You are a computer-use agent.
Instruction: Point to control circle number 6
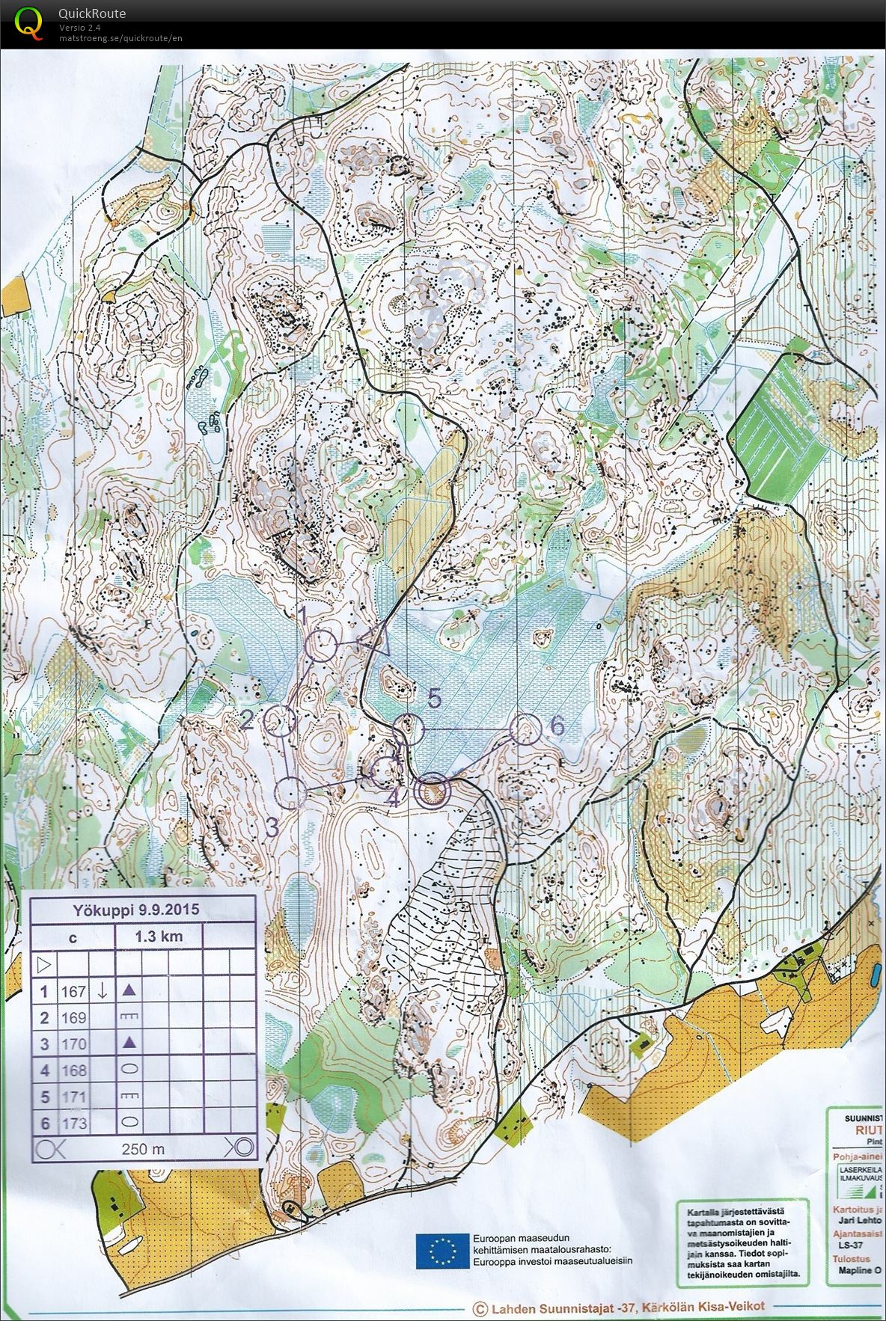(x=525, y=729)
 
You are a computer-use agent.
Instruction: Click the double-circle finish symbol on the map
(x=432, y=791)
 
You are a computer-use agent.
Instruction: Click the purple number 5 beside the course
(x=435, y=699)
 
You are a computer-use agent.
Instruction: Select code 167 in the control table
(x=74, y=991)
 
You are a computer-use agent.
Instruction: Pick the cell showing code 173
(x=74, y=1123)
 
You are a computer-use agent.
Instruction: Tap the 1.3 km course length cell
(x=159, y=937)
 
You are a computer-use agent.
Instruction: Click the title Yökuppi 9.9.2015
(x=135, y=910)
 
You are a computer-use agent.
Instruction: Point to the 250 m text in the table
(x=143, y=1149)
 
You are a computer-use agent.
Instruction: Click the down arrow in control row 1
(x=103, y=990)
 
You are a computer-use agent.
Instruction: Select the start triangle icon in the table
(x=43, y=963)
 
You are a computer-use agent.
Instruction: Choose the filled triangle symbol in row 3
(x=129, y=1043)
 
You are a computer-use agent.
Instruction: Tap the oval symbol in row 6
(x=129, y=1122)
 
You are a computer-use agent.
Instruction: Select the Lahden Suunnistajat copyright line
(x=620, y=1308)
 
